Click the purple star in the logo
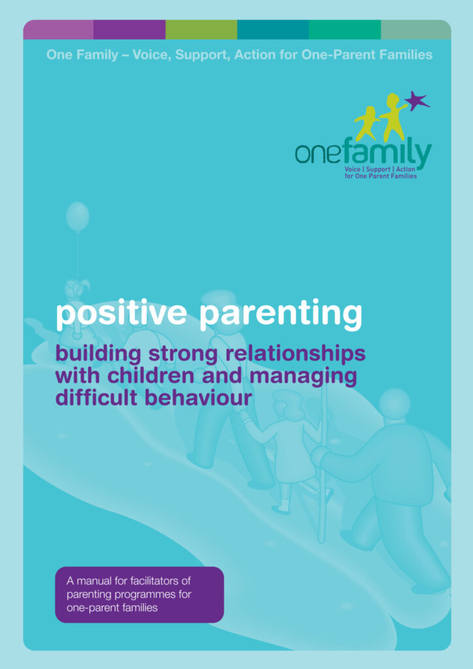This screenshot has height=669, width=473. [417, 101]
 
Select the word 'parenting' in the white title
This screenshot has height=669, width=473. [281, 315]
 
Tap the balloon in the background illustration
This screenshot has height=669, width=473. [78, 217]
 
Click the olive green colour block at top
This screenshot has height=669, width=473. [201, 29]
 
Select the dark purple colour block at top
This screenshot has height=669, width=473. [129, 29]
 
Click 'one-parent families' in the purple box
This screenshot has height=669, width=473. [112, 608]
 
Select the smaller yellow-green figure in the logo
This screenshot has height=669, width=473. [368, 123]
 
